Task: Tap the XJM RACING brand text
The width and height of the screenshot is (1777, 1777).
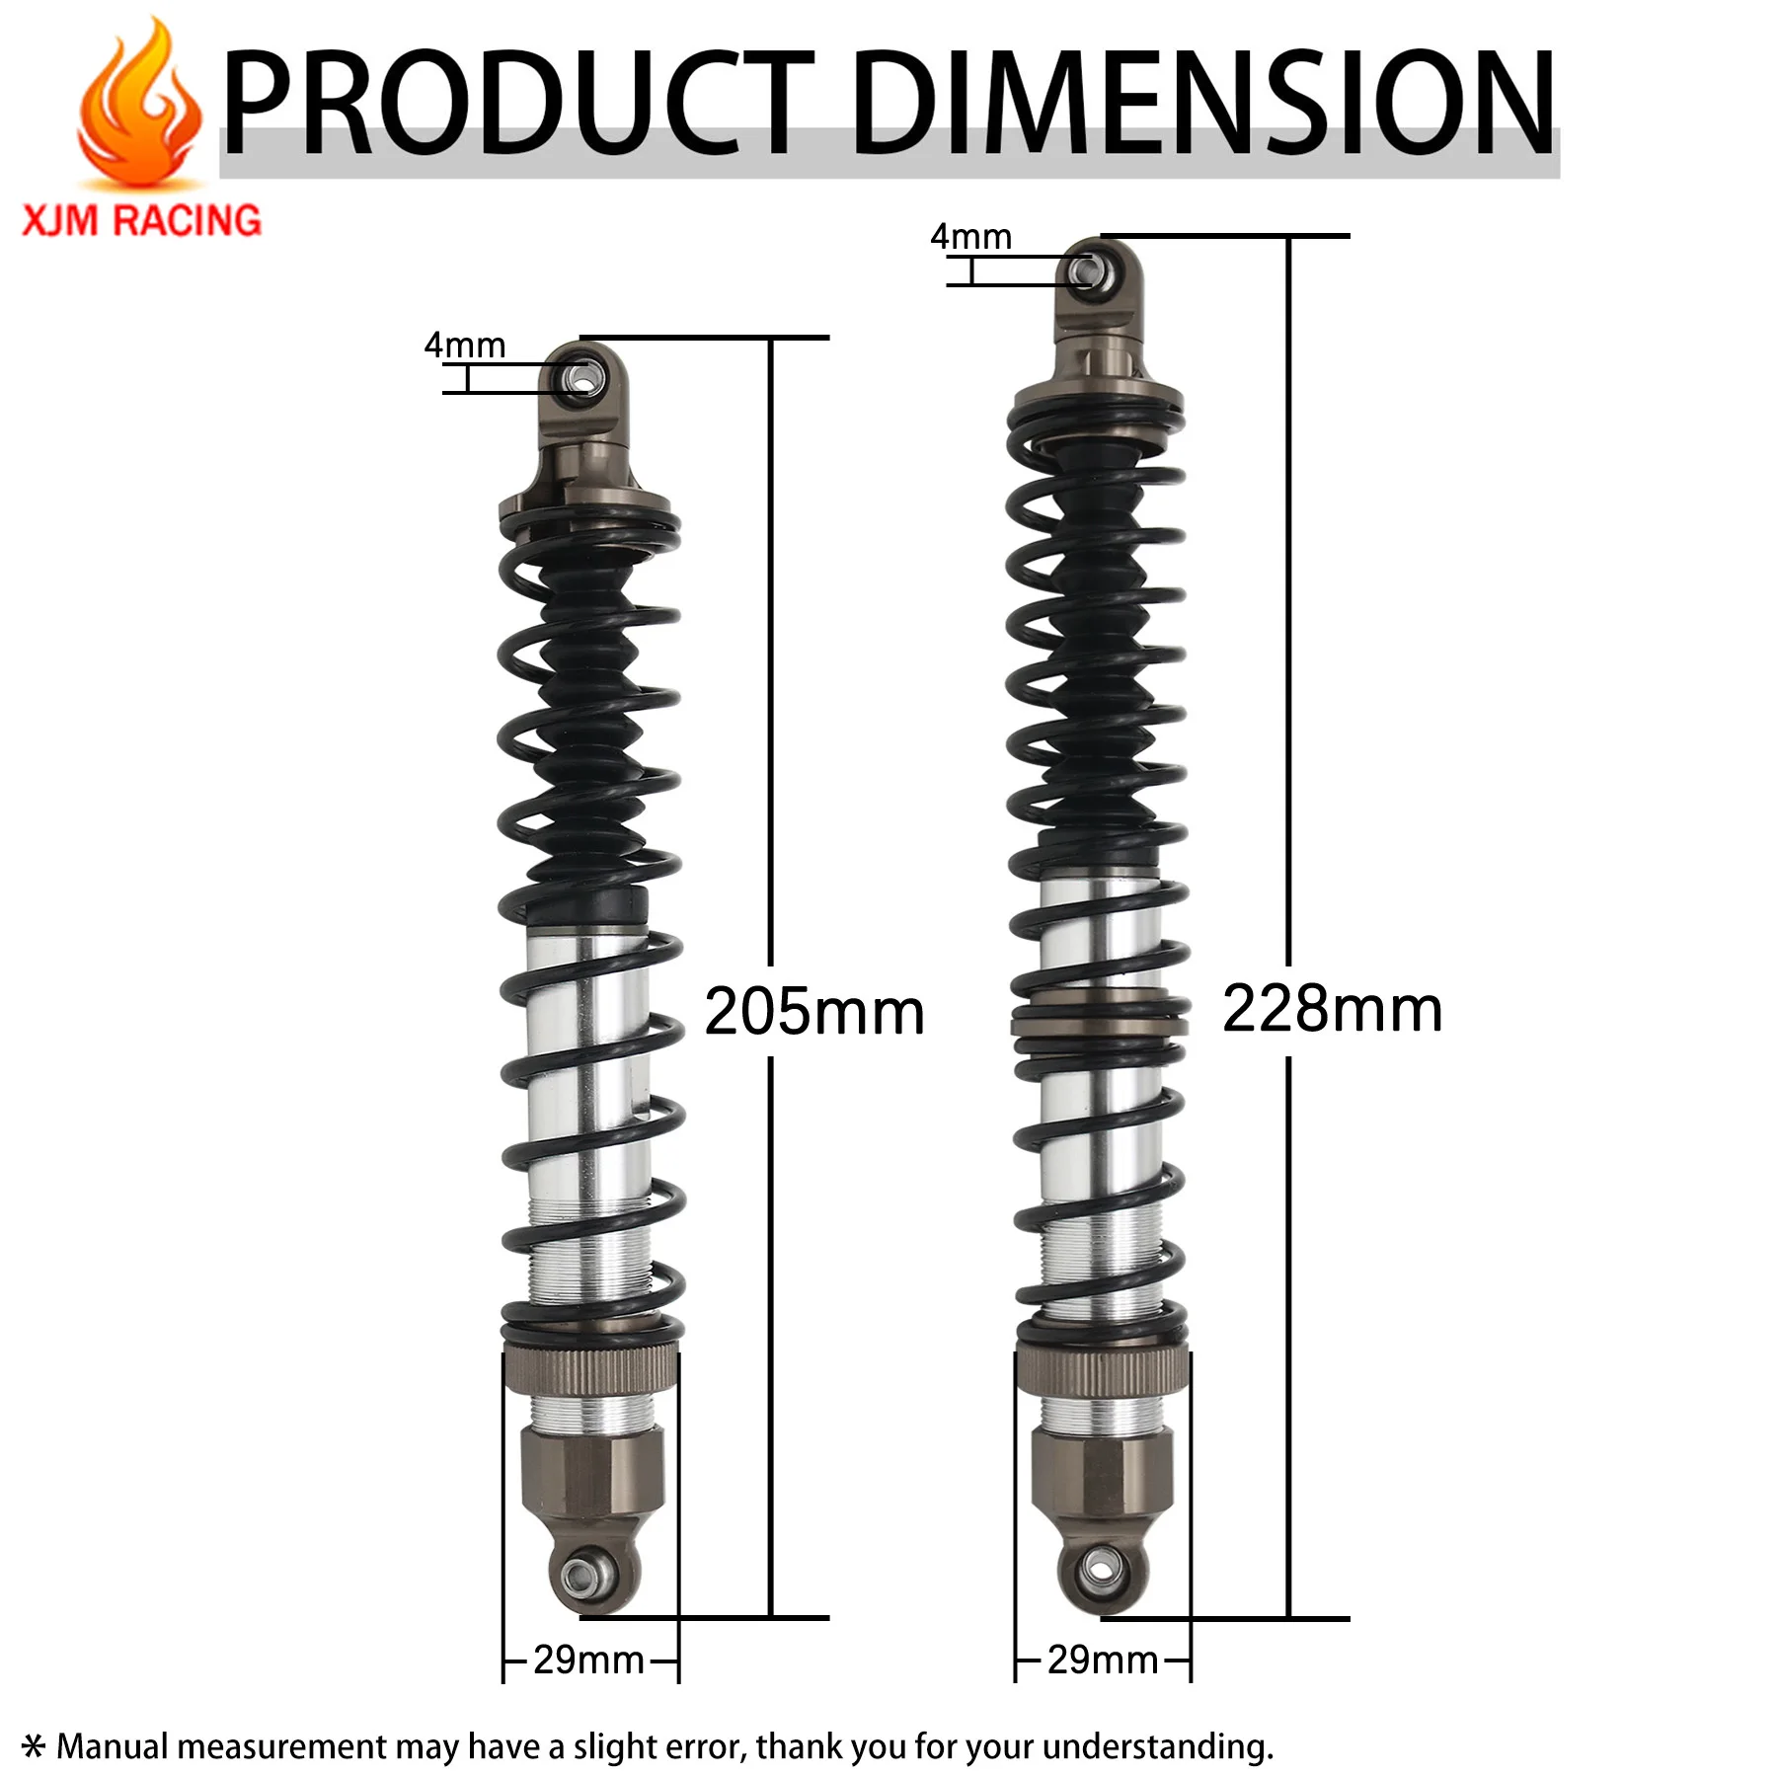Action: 142,220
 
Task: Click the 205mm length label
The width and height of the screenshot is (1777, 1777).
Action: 813,1012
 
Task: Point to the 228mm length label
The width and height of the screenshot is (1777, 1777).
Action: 1332,1009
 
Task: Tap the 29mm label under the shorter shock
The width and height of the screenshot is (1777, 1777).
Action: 588,1660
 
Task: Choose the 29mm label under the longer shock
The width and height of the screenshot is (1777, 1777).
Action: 1103,1660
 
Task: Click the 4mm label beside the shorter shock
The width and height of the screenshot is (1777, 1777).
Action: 464,346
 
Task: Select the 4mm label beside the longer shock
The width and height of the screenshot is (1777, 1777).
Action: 970,237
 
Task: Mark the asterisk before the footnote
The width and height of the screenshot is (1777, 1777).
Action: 34,1746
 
